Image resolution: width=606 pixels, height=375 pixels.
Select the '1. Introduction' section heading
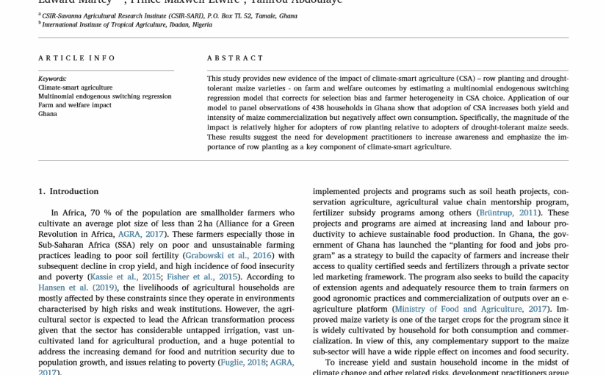coord(68,191)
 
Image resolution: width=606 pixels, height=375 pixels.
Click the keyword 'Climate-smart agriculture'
coord(75,87)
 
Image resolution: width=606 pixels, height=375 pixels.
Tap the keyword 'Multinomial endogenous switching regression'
coord(105,96)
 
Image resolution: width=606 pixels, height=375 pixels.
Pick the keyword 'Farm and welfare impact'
coord(75,105)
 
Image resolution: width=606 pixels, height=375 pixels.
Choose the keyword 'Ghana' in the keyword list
coord(48,114)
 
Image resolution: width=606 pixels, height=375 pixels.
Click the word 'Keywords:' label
coord(52,79)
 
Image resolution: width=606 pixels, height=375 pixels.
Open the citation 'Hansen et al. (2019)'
coord(73,287)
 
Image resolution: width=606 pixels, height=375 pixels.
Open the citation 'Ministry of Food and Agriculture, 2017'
coord(470,309)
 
